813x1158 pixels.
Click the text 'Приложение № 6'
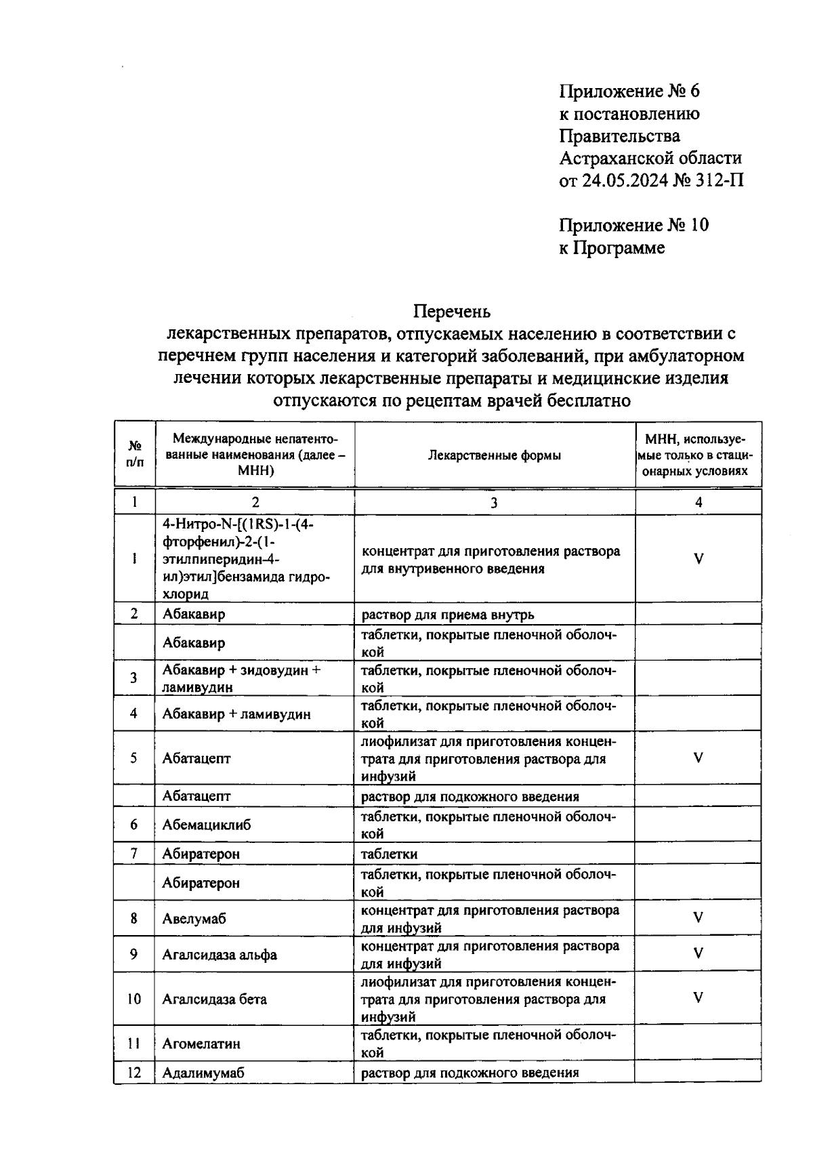(628, 91)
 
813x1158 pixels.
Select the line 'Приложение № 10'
(633, 225)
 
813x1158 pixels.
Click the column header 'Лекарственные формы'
(494, 455)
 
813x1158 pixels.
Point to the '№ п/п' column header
(135, 454)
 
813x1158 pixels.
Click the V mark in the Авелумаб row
(698, 918)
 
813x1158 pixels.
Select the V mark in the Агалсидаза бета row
(698, 998)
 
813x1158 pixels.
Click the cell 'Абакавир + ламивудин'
(236, 714)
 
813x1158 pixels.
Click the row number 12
(134, 1073)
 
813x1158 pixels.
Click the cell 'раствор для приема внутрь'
(447, 615)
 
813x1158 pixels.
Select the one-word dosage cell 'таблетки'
(389, 854)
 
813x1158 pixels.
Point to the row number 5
(134, 758)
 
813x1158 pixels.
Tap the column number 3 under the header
(494, 502)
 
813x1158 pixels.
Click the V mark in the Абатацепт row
(698, 758)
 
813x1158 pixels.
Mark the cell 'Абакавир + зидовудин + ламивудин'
(241, 678)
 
